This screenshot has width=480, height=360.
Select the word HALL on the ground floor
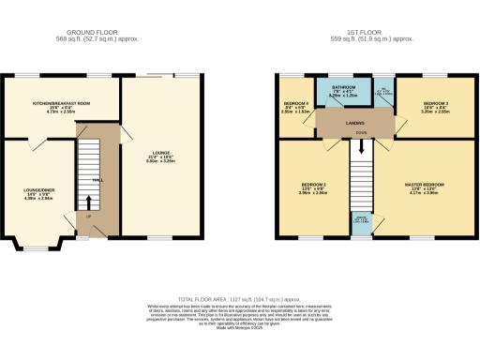(97, 181)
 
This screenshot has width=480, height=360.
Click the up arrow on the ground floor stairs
(90, 202)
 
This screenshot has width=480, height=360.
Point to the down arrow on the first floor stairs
(363, 145)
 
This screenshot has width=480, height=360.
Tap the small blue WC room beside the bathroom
(382, 93)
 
